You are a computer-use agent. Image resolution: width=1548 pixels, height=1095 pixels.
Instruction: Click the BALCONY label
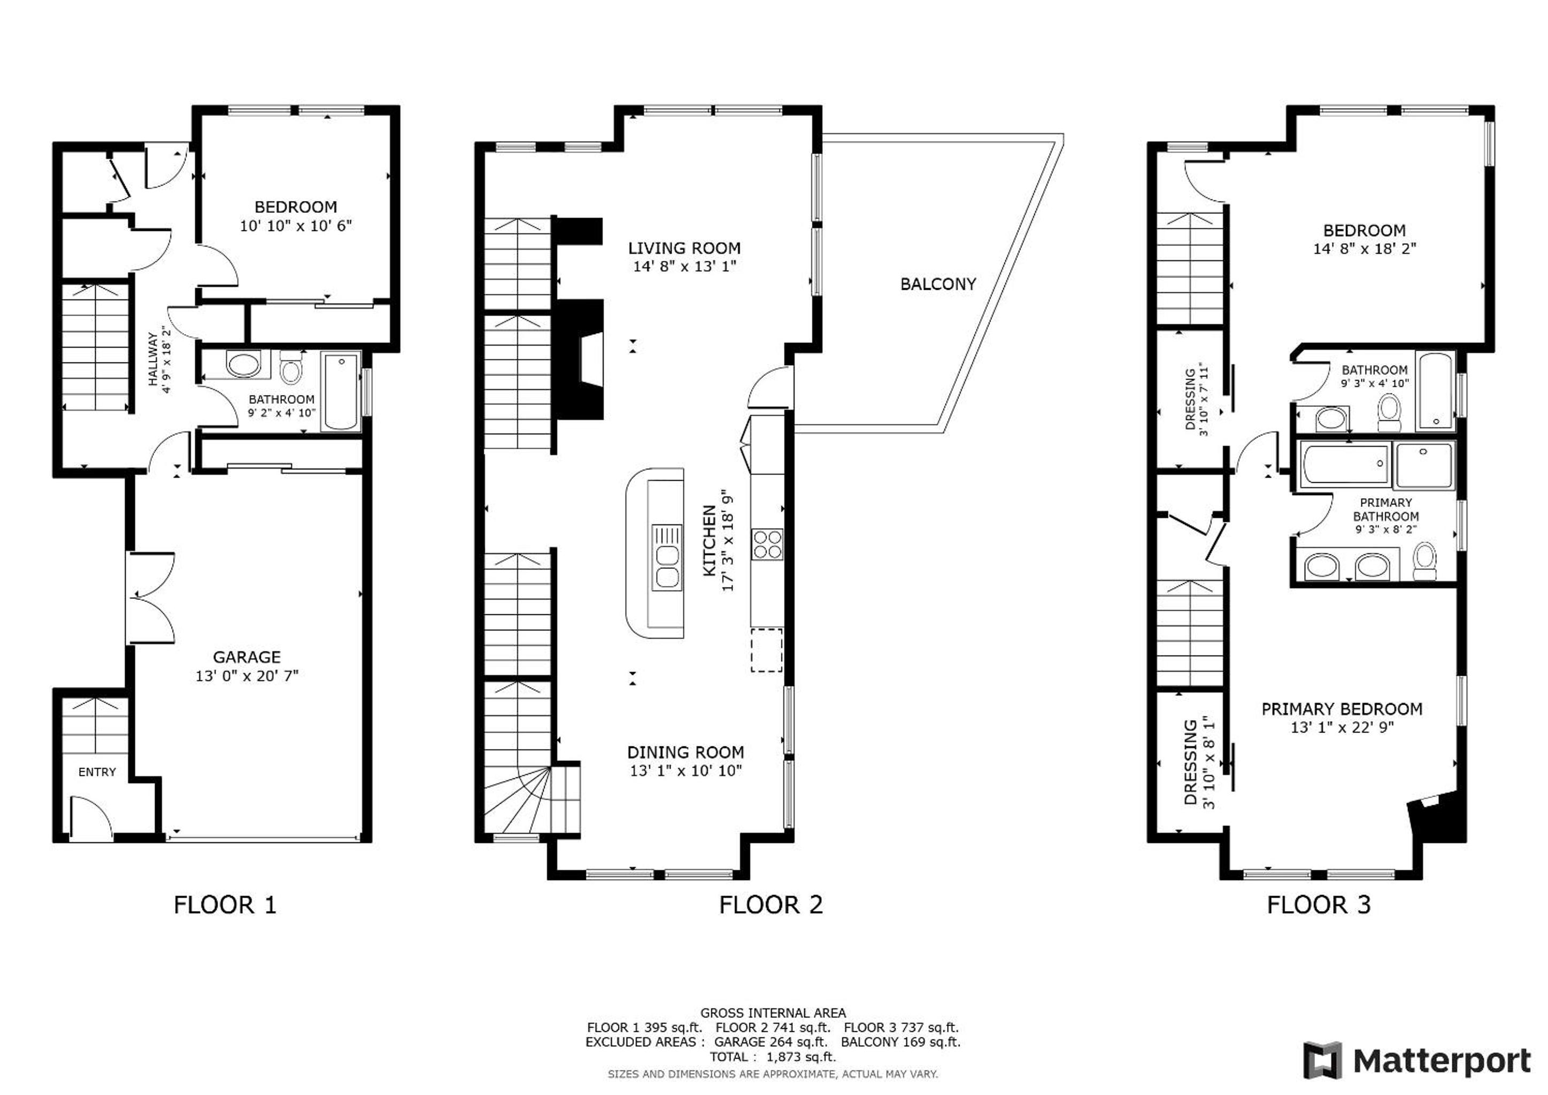coord(938,284)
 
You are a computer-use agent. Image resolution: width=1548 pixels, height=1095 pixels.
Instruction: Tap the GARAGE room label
coord(247,657)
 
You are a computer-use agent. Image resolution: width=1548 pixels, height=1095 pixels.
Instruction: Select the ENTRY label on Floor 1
coord(97,772)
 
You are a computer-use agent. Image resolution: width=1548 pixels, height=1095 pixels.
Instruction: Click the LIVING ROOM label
coord(684,248)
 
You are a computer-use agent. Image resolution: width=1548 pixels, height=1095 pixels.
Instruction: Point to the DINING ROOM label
coord(686,752)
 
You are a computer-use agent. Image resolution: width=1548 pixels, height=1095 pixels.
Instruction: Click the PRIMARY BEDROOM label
coord(1342,708)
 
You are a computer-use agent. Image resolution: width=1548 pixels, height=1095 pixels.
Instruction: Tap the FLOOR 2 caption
coord(771,905)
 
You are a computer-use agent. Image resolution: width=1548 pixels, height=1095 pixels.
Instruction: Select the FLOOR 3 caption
coord(1319,905)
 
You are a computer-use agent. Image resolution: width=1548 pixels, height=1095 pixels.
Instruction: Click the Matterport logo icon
coord(1322,1061)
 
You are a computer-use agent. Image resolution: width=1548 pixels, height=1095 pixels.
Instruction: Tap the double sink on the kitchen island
coord(667,558)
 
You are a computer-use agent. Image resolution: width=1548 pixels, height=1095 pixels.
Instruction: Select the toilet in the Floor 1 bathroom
coord(290,367)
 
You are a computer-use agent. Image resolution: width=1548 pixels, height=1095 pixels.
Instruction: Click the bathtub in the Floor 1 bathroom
coord(341,391)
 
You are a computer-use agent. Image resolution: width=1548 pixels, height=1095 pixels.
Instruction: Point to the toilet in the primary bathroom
coord(1424,561)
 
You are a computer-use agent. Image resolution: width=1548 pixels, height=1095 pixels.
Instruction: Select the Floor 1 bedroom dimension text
coord(296,226)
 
